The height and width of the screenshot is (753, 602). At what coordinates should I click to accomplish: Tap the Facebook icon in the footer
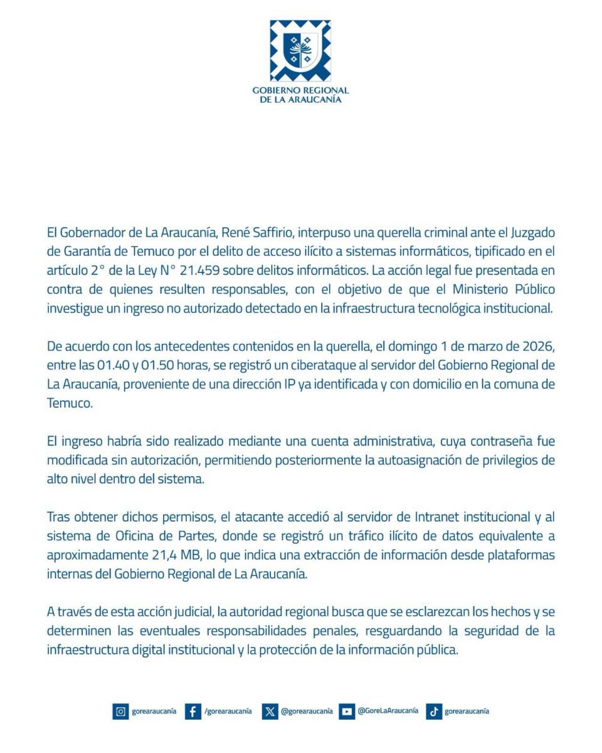194,712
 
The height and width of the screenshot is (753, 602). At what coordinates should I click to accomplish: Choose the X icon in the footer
270,712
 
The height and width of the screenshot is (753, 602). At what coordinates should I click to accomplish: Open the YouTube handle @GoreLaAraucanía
388,711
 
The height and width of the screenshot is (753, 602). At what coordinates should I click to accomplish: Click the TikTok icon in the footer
433,712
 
